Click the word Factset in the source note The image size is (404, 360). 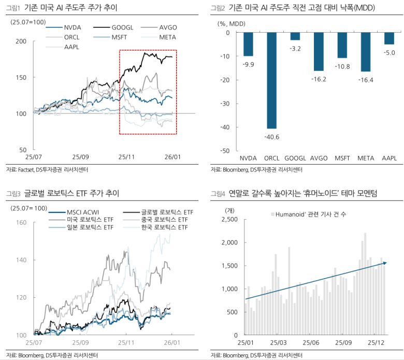tap(25, 169)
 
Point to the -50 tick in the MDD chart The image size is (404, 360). tap(226, 151)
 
